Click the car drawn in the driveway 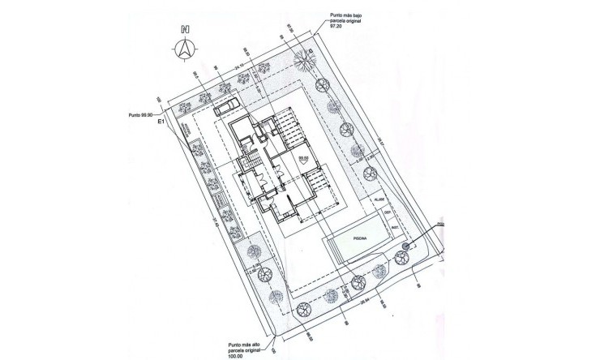228,106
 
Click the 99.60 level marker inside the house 304,159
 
